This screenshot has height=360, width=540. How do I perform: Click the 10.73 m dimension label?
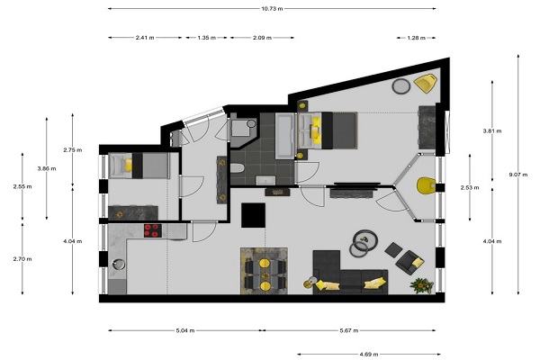(x=272, y=9)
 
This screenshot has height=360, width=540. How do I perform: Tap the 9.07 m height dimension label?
(x=518, y=175)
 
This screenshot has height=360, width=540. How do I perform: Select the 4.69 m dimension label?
(x=369, y=354)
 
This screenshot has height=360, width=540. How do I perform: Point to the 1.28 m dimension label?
(x=416, y=38)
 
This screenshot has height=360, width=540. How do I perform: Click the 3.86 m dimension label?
(x=47, y=168)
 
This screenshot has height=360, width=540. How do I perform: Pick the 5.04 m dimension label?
(x=185, y=330)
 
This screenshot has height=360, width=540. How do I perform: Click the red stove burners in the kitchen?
(x=153, y=230)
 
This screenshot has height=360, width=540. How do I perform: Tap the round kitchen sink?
(x=119, y=264)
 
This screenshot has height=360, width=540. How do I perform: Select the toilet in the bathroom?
(x=237, y=168)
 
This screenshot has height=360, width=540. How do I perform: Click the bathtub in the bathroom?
(x=284, y=136)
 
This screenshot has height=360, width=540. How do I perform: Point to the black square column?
(x=253, y=215)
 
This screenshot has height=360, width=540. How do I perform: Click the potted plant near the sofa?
(x=421, y=285)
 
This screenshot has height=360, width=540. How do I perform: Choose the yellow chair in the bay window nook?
(x=426, y=185)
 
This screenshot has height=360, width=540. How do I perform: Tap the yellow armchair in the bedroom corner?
(x=426, y=83)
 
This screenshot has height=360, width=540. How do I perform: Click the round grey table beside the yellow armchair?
(x=400, y=86)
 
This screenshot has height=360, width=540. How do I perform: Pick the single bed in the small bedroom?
(x=139, y=166)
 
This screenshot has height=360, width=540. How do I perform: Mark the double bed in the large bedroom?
(x=328, y=130)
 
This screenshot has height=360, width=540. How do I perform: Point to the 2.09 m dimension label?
(x=262, y=38)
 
